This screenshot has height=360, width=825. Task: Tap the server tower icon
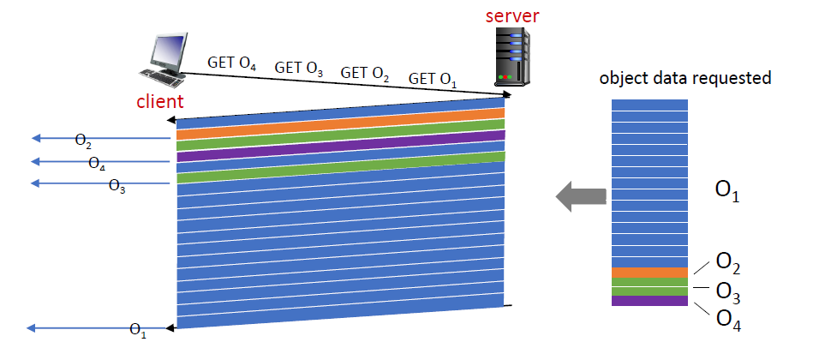[512, 57]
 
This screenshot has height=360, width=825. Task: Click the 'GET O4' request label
[231, 63]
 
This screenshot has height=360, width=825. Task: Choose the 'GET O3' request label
[298, 69]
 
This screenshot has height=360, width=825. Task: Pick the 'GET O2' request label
[365, 74]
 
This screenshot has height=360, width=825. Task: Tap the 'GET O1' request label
[433, 80]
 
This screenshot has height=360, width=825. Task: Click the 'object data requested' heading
[685, 78]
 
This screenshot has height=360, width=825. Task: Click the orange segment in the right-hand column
[650, 273]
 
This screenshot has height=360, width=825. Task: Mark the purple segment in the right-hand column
[650, 301]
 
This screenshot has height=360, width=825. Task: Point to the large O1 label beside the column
[726, 194]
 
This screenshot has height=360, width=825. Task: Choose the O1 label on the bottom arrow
[137, 330]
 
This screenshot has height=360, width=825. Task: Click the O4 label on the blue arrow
[97, 163]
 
